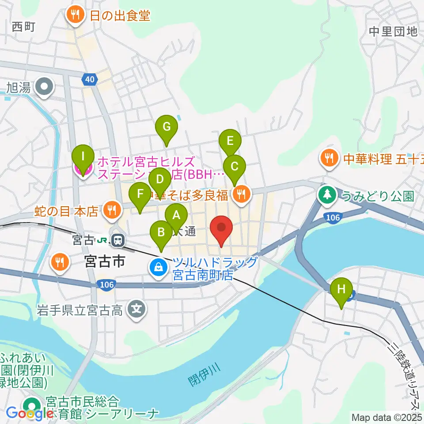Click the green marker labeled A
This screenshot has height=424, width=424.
tap(176, 216)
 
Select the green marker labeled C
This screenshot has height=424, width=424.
tap(235, 167)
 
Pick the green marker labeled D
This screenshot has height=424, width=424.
tap(160, 180)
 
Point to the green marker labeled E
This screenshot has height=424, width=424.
tap(230, 141)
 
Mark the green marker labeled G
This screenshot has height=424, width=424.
tap(167, 127)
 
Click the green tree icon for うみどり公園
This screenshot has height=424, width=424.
tap(327, 195)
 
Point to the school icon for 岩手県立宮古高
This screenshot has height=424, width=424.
tap(137, 309)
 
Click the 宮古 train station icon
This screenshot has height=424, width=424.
tap(117, 241)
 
